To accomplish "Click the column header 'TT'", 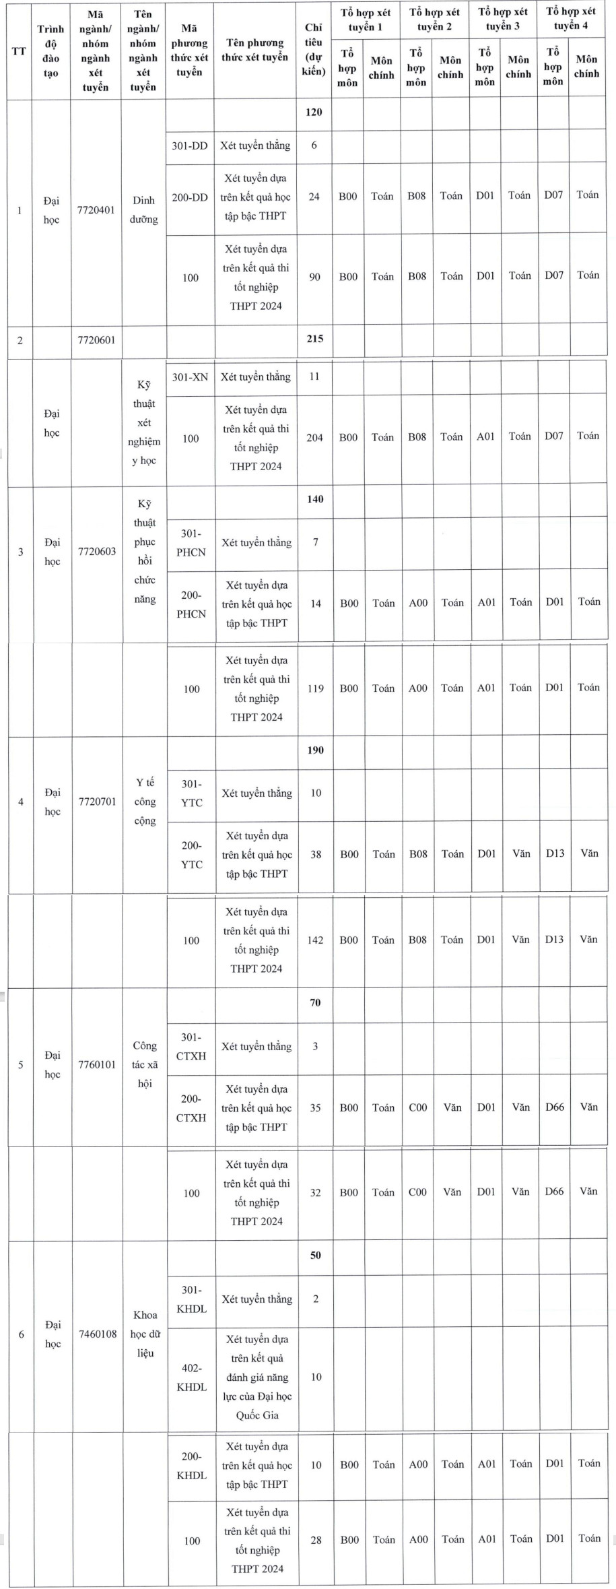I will point(19,51).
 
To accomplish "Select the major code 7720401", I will point(96,210).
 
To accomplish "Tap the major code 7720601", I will point(96,339).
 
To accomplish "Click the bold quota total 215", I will point(314,339).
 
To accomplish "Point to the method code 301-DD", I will point(190,145).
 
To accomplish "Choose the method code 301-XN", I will point(190,377).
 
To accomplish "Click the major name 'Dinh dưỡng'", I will point(143,209).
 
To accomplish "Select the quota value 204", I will point(315,438).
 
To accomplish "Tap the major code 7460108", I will point(98,1334).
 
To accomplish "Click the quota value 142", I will point(315,940).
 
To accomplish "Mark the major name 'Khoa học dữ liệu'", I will point(145,1334).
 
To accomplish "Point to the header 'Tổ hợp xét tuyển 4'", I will point(570,19).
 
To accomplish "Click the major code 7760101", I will point(97,1065).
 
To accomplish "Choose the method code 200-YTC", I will point(192,855).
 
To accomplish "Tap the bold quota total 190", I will point(315,750).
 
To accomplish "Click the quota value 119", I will point(315,688).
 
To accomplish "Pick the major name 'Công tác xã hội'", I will point(145,1064).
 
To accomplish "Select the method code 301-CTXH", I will point(191,1047).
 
